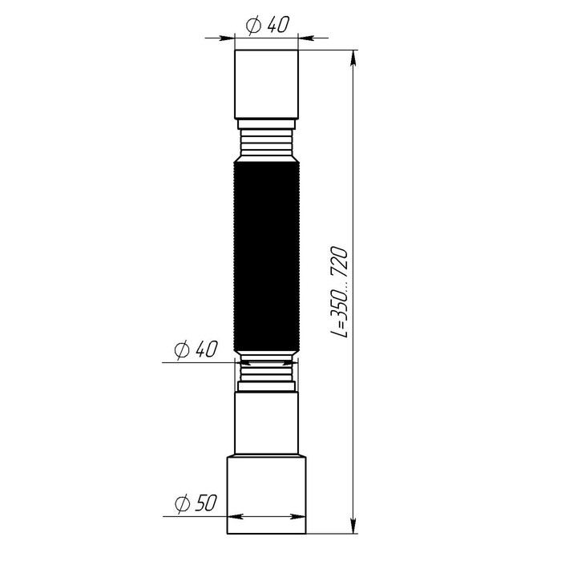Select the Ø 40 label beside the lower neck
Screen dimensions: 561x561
coord(196,350)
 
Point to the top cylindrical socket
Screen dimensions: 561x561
coord(266,83)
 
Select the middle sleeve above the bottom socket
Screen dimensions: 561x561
coord(266,423)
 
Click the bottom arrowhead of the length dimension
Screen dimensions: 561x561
coord(353,526)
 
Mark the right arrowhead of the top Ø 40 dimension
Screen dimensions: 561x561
coord(305,36)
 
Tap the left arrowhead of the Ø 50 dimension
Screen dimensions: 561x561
coord(233,517)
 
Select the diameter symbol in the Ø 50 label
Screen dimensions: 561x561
coord(182,503)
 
